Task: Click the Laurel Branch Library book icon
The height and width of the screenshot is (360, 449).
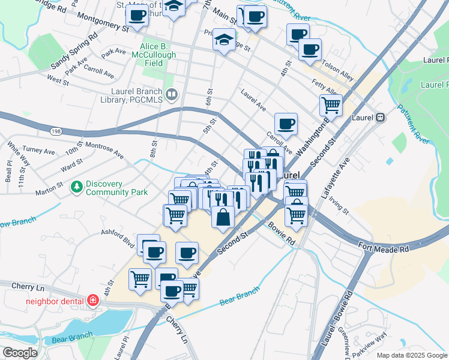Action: click(172, 94)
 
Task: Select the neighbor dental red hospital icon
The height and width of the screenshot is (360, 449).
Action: click(93, 299)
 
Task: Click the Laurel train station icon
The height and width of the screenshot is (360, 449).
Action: click(380, 118)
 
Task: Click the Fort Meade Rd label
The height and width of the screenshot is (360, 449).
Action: click(384, 247)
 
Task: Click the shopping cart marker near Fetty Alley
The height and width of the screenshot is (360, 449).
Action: click(331, 106)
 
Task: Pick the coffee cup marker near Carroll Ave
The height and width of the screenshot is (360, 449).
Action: click(286, 124)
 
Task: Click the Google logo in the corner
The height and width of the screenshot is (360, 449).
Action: click(20, 353)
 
